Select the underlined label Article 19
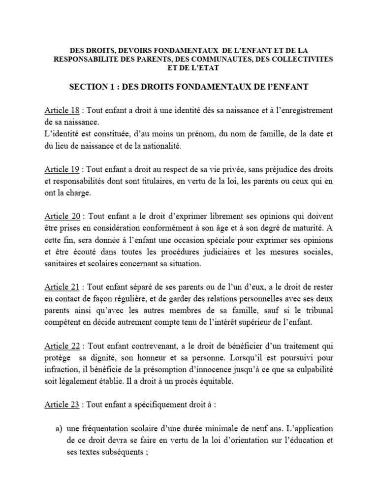click(62, 170)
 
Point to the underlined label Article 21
click(62, 287)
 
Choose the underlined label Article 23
click(62, 406)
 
